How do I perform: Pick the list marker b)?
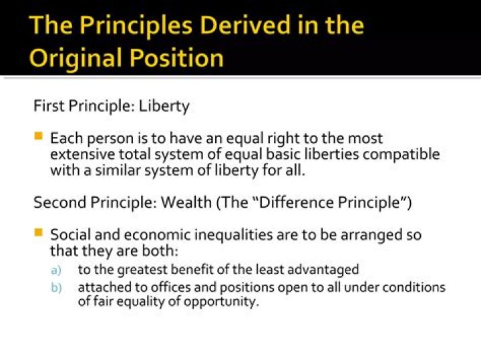pyautogui.click(x=55, y=288)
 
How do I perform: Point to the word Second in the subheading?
pyautogui.click(x=55, y=203)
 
